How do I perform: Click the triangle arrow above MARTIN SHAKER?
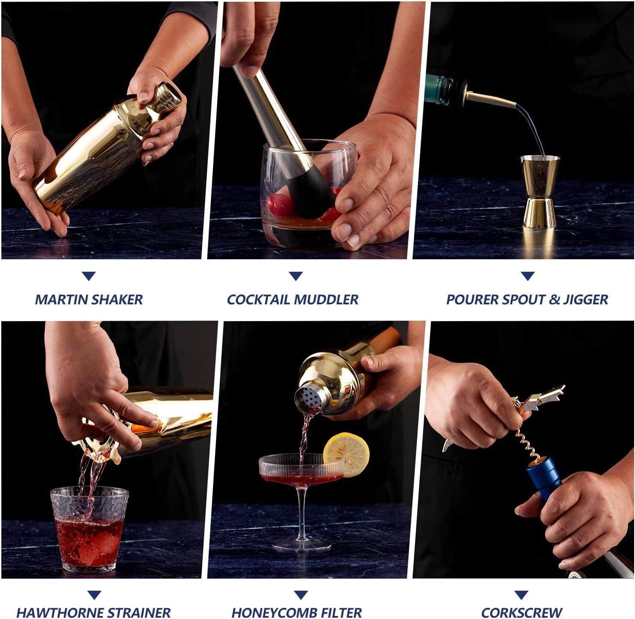89,276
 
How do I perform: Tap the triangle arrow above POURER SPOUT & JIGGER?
527,276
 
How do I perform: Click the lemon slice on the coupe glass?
346,455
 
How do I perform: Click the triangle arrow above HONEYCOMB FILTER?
301,595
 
